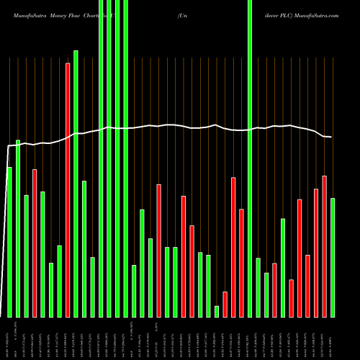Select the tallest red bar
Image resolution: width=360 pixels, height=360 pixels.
click(x=68, y=189)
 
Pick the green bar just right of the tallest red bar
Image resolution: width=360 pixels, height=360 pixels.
click(x=76, y=184)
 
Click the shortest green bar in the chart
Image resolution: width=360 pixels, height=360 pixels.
click(x=217, y=311)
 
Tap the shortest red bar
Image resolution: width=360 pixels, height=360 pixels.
click(x=225, y=304)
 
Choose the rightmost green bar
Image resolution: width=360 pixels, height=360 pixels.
click(x=333, y=257)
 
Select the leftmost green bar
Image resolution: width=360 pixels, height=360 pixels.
click(x=9, y=241)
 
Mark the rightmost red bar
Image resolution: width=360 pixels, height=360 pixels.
click(x=324, y=246)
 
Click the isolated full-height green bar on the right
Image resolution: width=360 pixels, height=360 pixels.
click(x=250, y=158)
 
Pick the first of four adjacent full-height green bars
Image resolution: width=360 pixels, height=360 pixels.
click(x=101, y=158)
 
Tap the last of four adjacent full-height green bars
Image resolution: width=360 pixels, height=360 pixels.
click(x=125, y=158)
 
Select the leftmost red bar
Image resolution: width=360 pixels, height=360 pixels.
click(x=35, y=243)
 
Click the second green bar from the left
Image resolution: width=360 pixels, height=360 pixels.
click(x=18, y=228)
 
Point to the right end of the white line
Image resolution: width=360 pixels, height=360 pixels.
click(x=332, y=137)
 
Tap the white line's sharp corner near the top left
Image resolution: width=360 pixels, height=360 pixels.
click(x=9, y=146)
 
